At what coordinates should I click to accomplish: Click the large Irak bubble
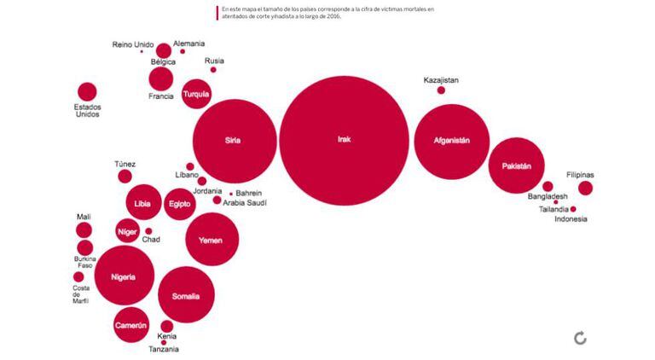(344, 140)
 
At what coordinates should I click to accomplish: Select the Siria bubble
(234, 141)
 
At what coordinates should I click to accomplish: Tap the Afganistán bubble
(451, 141)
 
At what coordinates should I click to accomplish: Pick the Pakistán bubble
(516, 165)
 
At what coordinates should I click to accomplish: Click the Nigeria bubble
(124, 276)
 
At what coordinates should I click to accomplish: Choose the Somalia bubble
(186, 296)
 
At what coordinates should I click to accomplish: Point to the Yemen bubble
(211, 241)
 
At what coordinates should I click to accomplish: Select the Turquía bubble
(196, 94)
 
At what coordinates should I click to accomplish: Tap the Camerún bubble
(131, 325)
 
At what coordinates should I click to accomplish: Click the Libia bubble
(142, 203)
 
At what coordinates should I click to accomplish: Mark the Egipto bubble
(179, 204)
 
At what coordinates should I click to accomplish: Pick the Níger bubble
(127, 231)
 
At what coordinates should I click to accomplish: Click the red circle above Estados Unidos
(87, 92)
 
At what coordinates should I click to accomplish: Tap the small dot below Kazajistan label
(441, 90)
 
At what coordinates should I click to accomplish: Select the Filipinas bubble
(585, 189)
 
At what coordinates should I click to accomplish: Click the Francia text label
(161, 96)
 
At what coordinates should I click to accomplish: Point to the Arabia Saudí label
(245, 203)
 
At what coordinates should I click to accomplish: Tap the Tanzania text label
(164, 350)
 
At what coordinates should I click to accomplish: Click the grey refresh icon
(581, 339)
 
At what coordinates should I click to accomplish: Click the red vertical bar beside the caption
(217, 12)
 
